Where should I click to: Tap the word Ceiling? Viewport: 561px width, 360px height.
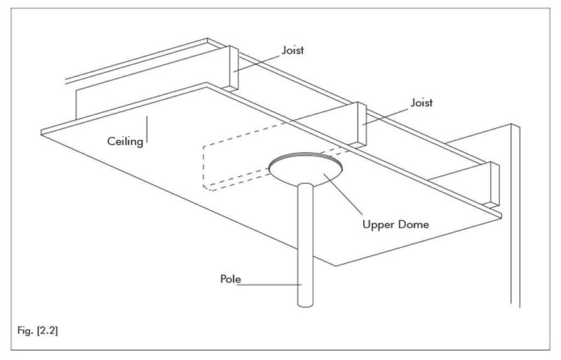[x=126, y=142]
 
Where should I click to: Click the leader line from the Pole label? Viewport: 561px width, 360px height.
[x=270, y=284]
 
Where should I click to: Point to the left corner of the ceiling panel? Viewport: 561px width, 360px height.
[x=43, y=131]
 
